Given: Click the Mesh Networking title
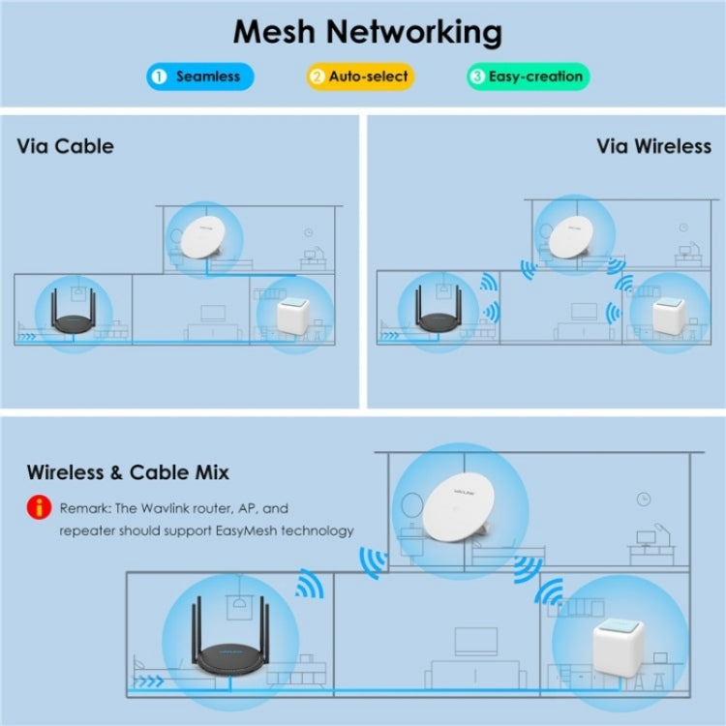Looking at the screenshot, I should click(x=368, y=31).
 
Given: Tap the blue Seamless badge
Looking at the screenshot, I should click(x=199, y=76).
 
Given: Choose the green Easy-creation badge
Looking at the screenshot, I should click(x=529, y=76).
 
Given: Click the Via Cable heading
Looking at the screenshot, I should click(x=65, y=146).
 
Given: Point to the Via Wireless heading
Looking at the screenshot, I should click(x=653, y=146).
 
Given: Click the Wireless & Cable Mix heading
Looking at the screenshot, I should click(x=128, y=472).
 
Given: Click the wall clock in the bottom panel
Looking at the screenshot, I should click(x=644, y=499).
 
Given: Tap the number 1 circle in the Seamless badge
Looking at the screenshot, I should click(x=160, y=76).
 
